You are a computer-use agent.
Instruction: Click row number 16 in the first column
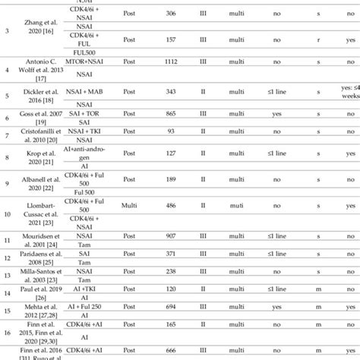pos(7,331)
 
